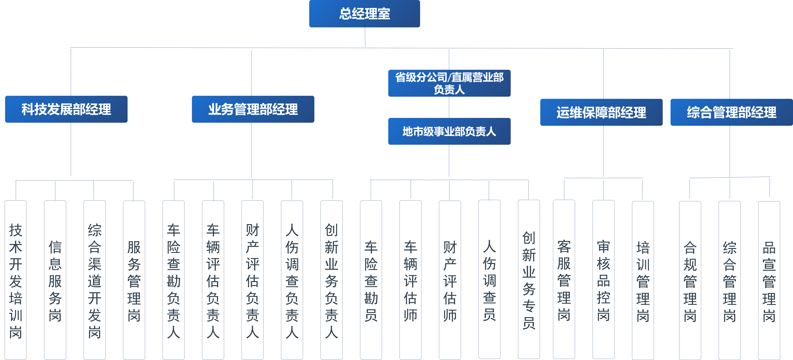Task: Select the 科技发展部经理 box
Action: [x=66, y=109]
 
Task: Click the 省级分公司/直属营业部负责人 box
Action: [x=449, y=83]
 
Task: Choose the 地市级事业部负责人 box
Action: [x=449, y=131]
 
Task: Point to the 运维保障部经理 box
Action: [x=601, y=112]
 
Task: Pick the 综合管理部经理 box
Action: [x=731, y=112]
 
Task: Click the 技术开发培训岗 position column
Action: [x=16, y=280]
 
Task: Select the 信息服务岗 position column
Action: [x=55, y=280]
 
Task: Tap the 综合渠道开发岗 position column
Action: [x=94, y=280]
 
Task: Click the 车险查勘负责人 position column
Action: [x=174, y=280]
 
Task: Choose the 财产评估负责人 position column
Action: [x=252, y=280]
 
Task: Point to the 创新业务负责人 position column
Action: [x=332, y=280]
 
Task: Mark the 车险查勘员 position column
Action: [x=371, y=280]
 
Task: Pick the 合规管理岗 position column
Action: [x=690, y=280]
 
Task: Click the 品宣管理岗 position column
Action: [x=769, y=280]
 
